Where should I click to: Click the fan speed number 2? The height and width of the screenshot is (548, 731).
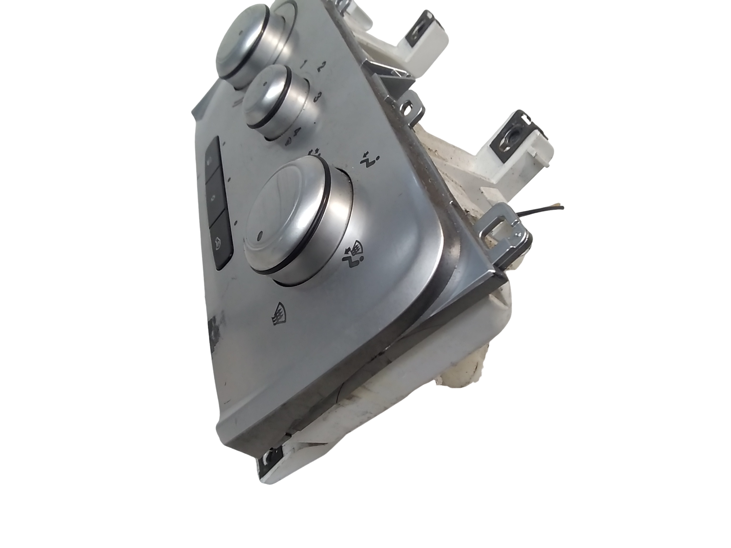[321, 66]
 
